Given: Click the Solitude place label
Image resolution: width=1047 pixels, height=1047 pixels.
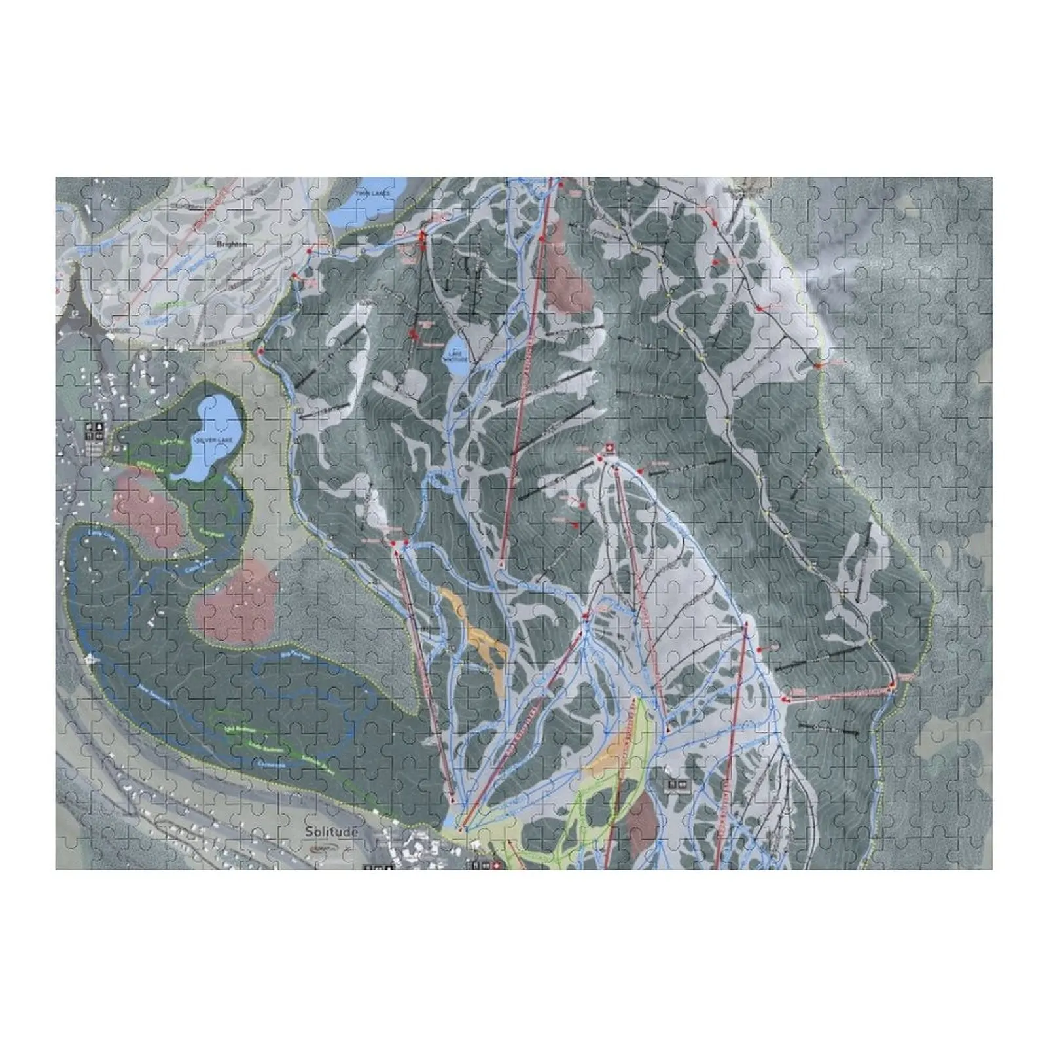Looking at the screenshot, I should (331, 832).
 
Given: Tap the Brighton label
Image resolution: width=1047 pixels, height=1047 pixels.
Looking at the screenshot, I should (231, 244).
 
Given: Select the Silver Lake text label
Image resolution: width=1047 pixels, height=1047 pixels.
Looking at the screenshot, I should (213, 441).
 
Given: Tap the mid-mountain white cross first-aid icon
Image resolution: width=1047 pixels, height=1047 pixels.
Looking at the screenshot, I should (609, 448).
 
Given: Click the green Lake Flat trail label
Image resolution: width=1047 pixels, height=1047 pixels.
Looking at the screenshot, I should (166, 442).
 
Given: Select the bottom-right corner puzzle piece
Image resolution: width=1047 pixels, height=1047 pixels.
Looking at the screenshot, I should (976, 855).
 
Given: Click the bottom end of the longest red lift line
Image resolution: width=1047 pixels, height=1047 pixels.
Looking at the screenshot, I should (501, 563).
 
